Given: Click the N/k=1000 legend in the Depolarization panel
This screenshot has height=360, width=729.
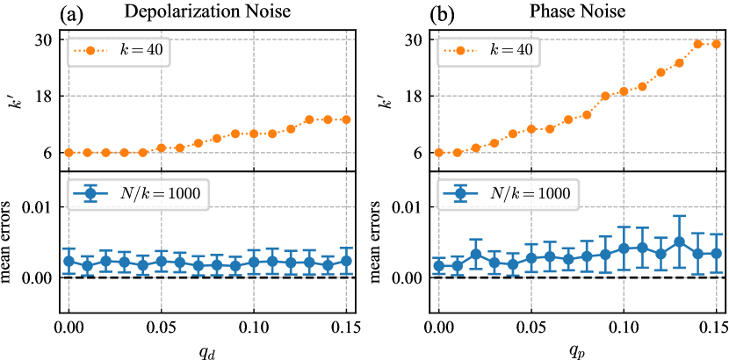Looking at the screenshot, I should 139,193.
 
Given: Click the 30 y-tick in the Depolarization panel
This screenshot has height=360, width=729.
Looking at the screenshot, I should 43,40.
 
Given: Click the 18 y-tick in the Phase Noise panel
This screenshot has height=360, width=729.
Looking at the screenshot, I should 413,96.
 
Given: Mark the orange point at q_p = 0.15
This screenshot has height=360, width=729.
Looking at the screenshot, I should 716,44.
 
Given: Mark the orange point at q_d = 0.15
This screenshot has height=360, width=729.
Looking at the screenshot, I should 346,119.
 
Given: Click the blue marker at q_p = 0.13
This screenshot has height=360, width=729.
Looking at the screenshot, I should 679,241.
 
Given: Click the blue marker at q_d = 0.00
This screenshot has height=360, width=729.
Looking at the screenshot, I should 69,261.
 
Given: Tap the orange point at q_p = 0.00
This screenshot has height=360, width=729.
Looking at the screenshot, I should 439,153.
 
